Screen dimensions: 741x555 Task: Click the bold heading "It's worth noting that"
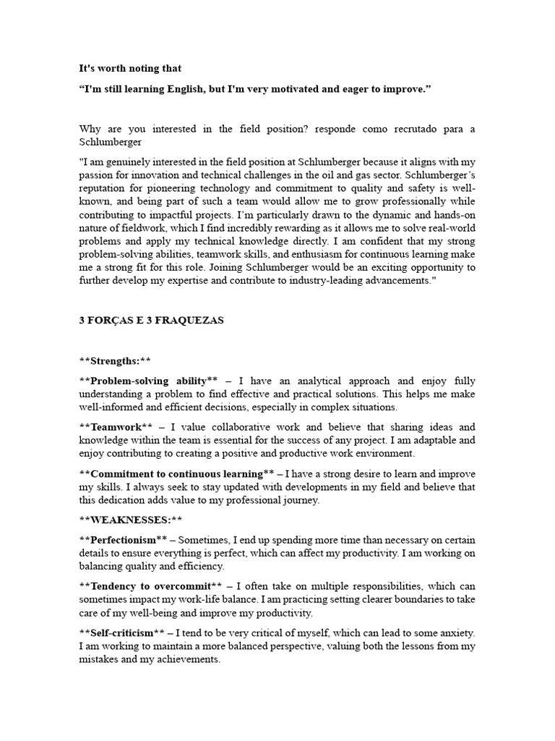coord(130,69)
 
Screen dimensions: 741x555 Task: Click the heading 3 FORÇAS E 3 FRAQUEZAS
coord(151,321)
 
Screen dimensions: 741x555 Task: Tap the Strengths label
coord(115,361)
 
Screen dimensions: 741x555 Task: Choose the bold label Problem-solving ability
coord(148,381)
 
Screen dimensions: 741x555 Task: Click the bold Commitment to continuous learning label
coord(176,474)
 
